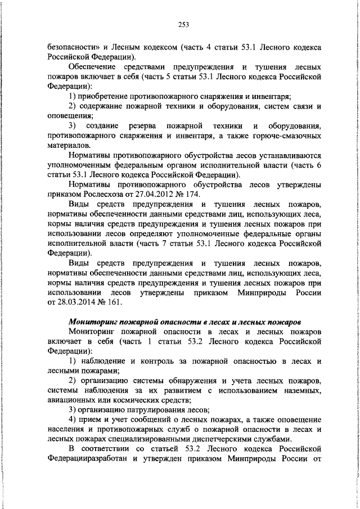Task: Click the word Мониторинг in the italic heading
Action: (95, 323)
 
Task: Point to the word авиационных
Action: (73, 400)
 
